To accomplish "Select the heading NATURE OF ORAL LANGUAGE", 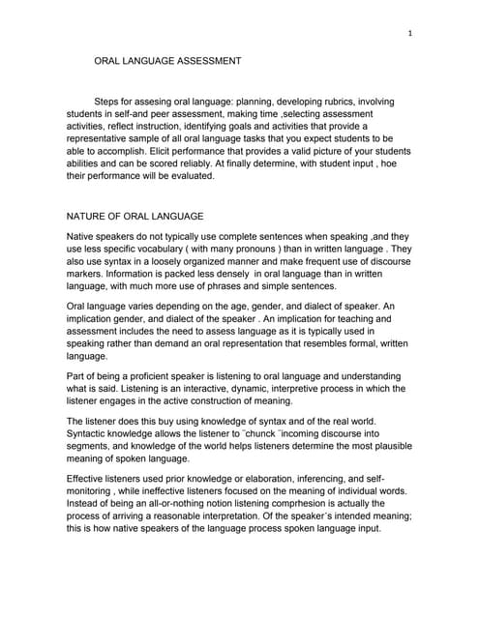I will click(135, 216).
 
